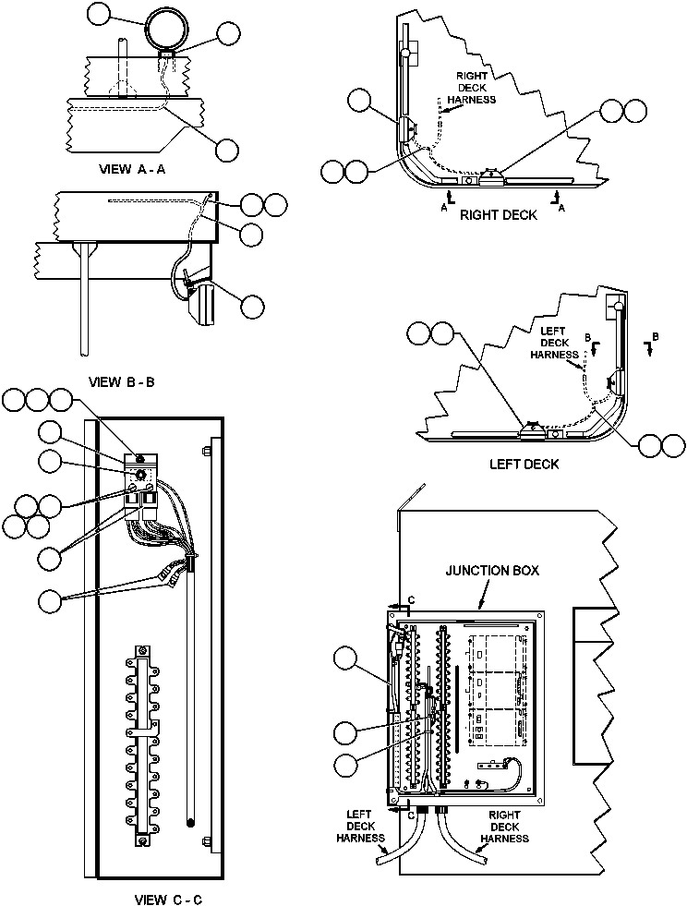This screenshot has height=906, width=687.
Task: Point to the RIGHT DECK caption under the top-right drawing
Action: [x=499, y=215]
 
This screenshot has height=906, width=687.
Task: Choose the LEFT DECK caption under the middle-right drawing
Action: [x=524, y=464]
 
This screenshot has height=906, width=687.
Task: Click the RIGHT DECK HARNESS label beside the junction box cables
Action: [x=504, y=827]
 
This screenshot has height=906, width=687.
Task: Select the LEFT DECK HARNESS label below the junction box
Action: [x=359, y=827]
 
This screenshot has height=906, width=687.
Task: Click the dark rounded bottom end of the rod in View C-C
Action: [x=188, y=821]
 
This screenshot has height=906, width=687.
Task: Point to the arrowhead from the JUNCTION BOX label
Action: [x=482, y=607]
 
